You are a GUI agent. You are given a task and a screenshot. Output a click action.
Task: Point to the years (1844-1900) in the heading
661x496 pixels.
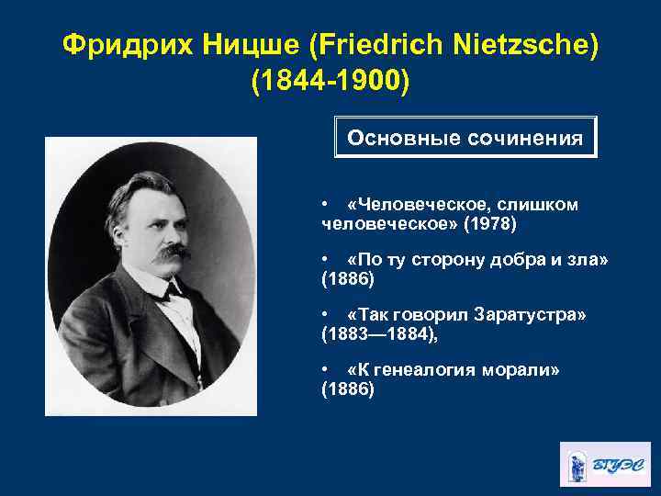(x=330, y=80)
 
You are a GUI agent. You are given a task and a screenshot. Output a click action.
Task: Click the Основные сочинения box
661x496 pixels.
(x=465, y=138)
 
